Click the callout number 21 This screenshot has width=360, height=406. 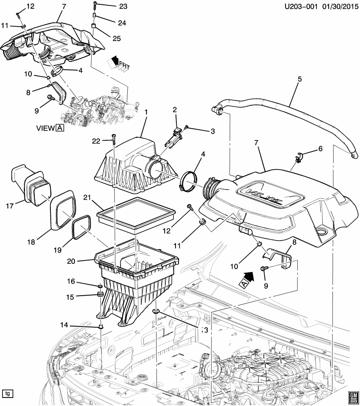(x=88, y=198)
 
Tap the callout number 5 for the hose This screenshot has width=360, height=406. (x=299, y=79)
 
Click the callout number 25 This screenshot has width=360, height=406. (x=116, y=38)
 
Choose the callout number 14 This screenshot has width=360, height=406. (x=63, y=325)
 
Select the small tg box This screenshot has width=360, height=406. (x=7, y=393)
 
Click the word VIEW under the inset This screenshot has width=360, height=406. (x=44, y=128)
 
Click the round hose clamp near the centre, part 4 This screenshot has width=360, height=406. (x=188, y=181)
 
